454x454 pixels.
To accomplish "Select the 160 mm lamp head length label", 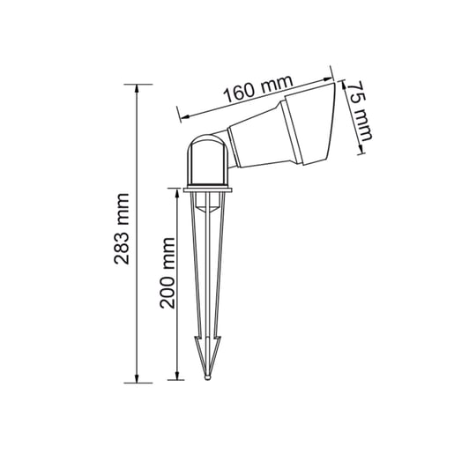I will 257,91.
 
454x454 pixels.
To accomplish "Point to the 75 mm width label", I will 358,110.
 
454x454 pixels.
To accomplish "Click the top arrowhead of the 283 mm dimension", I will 138,89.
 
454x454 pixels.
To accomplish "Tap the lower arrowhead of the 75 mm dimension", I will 361,147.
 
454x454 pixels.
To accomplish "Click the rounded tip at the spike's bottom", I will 209,377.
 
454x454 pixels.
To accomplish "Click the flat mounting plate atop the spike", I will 209,190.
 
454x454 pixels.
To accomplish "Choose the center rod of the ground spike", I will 209,282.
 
